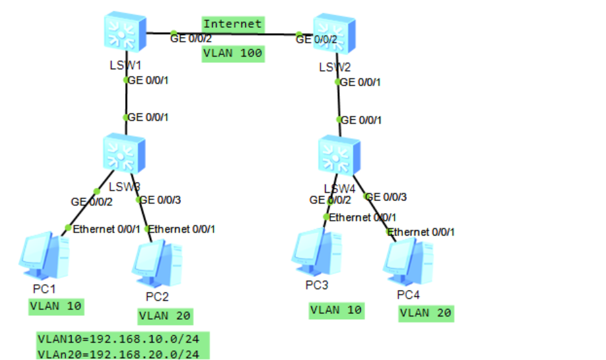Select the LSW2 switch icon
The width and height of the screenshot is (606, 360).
coord(335,34)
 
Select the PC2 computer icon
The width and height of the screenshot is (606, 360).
coord(157,263)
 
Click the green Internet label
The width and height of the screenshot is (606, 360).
coord(232,24)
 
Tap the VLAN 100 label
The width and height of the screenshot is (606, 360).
coord(233,53)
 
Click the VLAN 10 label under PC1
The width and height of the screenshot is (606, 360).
coord(56,306)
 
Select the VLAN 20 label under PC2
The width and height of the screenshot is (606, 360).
coord(165,316)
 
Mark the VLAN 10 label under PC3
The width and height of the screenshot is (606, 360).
coord(336,310)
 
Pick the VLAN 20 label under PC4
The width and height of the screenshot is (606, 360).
coord(426,313)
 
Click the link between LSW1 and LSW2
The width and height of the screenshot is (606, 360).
coord(234,34)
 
